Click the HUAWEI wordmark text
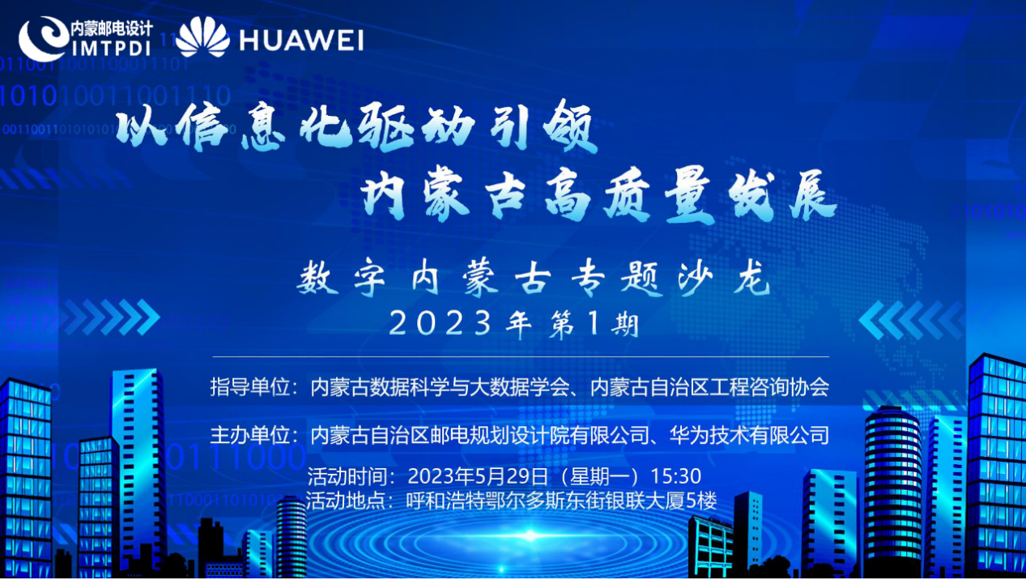click(x=301, y=41)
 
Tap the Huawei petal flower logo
click(x=202, y=36)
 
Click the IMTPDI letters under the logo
click(x=111, y=48)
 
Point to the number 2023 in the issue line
click(x=441, y=323)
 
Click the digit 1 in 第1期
click(x=594, y=322)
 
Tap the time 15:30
click(x=675, y=476)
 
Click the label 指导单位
click(x=250, y=387)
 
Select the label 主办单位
click(x=250, y=435)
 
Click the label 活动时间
click(x=347, y=476)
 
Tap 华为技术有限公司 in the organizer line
click(x=749, y=435)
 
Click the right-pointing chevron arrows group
click(x=111, y=317)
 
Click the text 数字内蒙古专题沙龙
click(x=534, y=278)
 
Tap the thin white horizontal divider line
click(x=521, y=356)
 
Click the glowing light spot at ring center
click(x=530, y=535)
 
